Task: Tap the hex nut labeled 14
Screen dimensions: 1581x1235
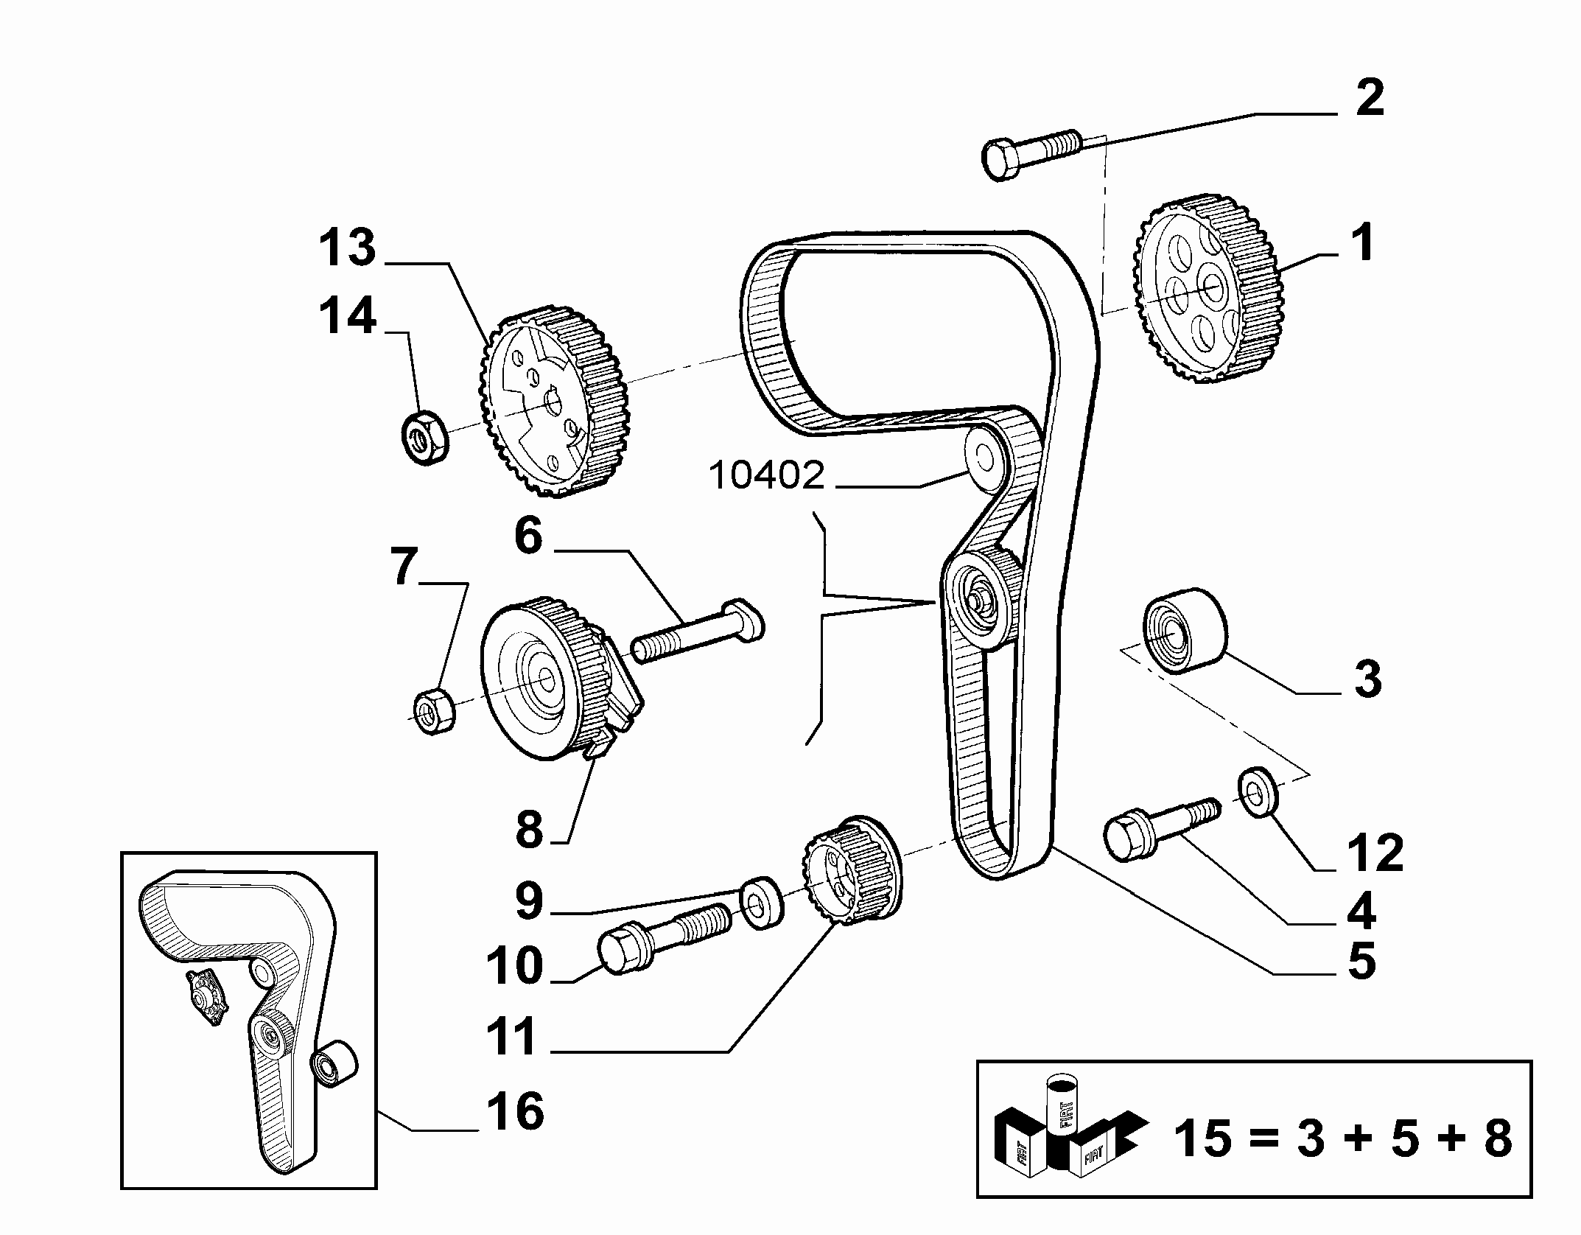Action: [426, 437]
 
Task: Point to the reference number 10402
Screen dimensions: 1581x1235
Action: [767, 476]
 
